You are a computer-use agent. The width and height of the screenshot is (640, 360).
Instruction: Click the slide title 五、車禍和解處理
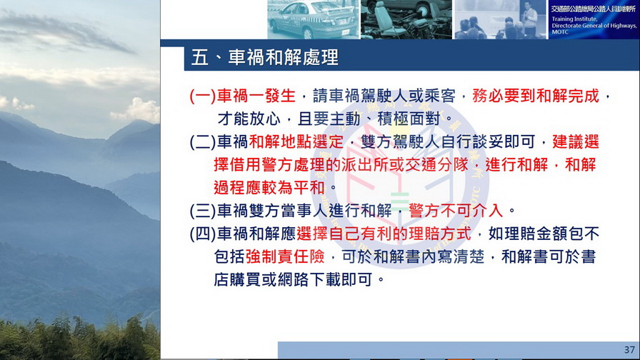(x=265, y=57)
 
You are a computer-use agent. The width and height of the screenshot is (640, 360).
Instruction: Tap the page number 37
(x=629, y=350)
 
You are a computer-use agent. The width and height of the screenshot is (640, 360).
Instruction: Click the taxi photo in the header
(x=313, y=19)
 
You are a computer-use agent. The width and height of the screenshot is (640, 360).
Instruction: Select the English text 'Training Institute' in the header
(x=574, y=19)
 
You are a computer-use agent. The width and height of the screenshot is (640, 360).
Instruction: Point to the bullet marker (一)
(x=202, y=96)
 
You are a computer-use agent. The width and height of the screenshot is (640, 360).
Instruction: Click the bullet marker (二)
(x=202, y=142)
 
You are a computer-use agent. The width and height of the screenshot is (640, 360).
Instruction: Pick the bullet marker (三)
(x=202, y=211)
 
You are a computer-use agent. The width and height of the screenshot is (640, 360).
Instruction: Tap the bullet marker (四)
(x=202, y=234)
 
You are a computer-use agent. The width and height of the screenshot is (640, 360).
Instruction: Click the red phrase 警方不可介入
(x=456, y=211)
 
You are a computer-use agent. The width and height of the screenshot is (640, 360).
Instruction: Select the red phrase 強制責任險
(x=285, y=256)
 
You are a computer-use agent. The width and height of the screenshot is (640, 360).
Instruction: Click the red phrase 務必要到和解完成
(x=536, y=96)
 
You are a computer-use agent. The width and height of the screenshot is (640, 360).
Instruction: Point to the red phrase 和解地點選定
(x=296, y=142)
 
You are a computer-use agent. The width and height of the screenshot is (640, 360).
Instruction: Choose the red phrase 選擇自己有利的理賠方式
(x=384, y=234)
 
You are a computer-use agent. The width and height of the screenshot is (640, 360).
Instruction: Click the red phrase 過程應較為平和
(x=269, y=188)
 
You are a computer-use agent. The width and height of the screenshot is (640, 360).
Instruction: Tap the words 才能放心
(x=249, y=119)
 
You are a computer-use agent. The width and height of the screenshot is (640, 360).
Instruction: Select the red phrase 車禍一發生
(x=256, y=96)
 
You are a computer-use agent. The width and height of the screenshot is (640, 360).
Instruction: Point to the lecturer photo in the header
(x=500, y=19)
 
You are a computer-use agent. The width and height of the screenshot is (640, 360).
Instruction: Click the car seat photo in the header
(x=406, y=19)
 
